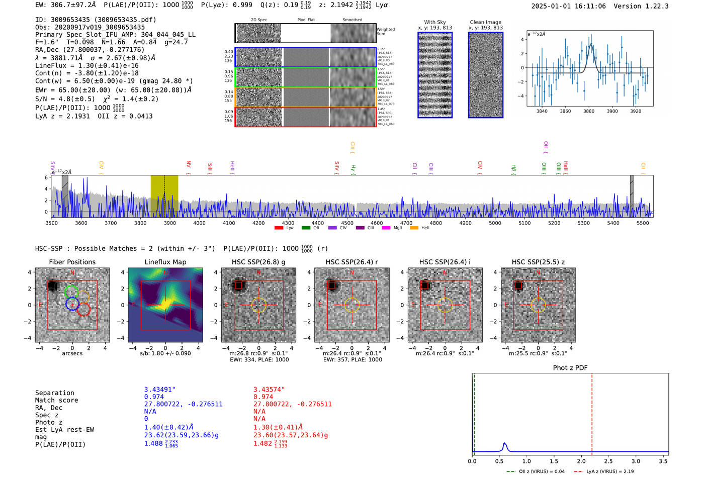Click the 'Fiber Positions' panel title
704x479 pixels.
pyautogui.click(x=72, y=262)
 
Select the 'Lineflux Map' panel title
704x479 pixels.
pyautogui.click(x=165, y=262)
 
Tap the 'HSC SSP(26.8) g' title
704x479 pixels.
pyautogui.click(x=258, y=262)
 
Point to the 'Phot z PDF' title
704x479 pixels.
pyautogui.click(x=570, y=368)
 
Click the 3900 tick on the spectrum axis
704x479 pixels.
pyautogui.click(x=169, y=223)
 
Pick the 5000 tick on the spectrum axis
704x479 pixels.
pyautogui.click(x=495, y=223)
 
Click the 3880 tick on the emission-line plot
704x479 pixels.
pyautogui.click(x=589, y=111)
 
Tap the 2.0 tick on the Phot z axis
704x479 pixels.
pyautogui.click(x=581, y=461)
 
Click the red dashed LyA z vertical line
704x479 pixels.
pyautogui.click(x=592, y=412)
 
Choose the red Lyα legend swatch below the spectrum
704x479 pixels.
pyautogui.click(x=279, y=228)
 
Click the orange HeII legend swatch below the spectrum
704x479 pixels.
pyautogui.click(x=414, y=228)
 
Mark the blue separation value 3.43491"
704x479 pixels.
pyautogui.click(x=159, y=390)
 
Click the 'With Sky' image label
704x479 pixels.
pyautogui.click(x=434, y=22)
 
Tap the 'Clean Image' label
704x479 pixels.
pyautogui.click(x=485, y=22)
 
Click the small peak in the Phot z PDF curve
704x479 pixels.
pyautogui.click(x=504, y=444)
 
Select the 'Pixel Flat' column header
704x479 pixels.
pyautogui.click(x=306, y=20)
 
